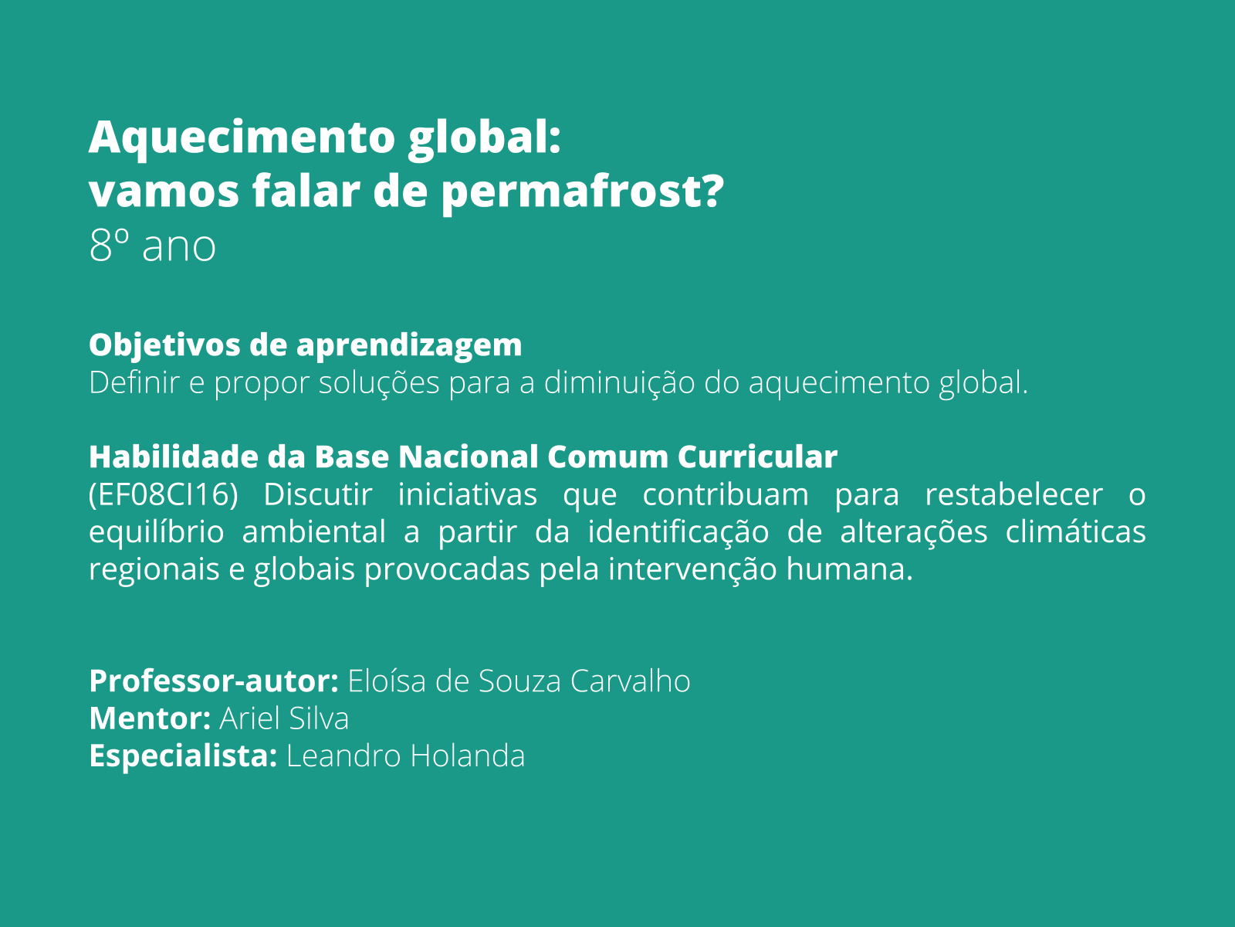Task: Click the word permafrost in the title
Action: click(583, 192)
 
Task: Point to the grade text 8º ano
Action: click(152, 246)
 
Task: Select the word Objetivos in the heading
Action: click(164, 345)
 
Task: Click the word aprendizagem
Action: click(409, 345)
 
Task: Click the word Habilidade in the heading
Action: click(174, 457)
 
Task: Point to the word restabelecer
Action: click(1013, 495)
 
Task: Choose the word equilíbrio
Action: click(157, 532)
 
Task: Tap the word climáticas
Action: click(1075, 532)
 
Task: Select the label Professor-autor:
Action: click(214, 681)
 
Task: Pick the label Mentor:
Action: click(150, 718)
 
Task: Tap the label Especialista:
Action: click(183, 756)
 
